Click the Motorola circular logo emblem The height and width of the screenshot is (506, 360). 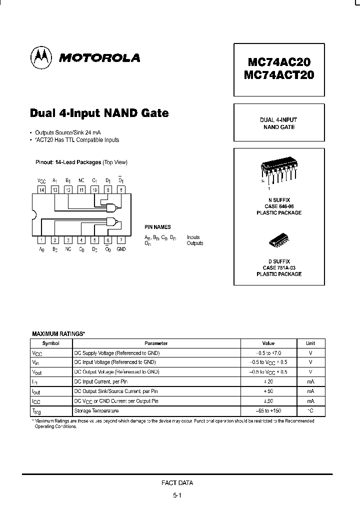tap(40, 57)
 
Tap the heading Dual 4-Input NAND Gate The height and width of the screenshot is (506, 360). tap(99, 113)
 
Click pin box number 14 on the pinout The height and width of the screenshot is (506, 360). tap(41, 190)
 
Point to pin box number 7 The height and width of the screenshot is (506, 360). tap(120, 240)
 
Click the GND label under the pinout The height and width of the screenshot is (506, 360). tap(121, 249)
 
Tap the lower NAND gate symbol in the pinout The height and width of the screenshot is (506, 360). tap(112, 223)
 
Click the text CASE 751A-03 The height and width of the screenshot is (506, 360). tap(279, 268)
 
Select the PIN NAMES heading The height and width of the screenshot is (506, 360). tap(157, 227)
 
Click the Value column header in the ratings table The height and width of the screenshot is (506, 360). tap(268, 343)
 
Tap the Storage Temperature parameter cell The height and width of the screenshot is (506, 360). tap(96, 410)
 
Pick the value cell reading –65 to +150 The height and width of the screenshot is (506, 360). tap(268, 410)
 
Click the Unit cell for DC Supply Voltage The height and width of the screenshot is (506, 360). tap(310, 353)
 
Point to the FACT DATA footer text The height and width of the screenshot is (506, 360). tap(177, 483)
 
